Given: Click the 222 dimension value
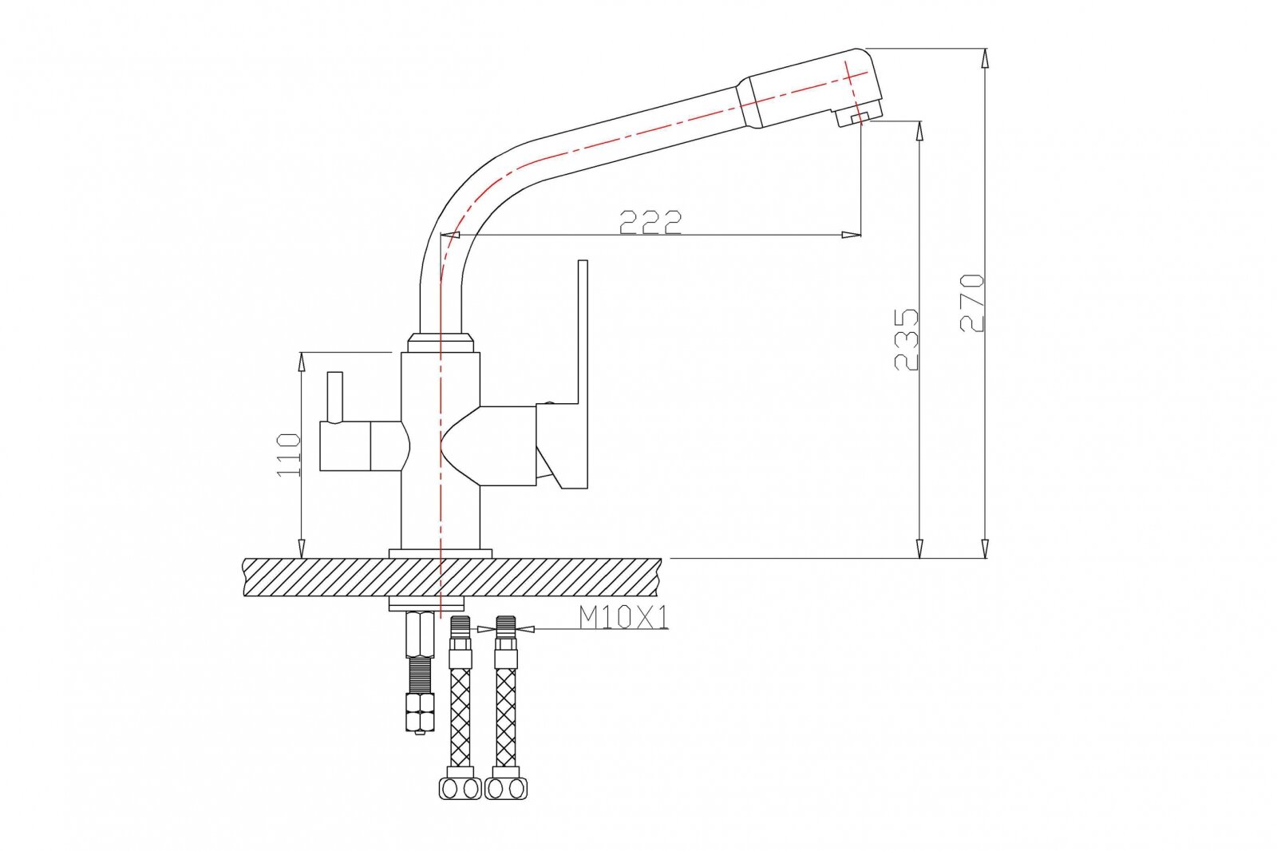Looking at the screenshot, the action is [x=650, y=222].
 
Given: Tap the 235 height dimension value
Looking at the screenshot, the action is [x=907, y=338].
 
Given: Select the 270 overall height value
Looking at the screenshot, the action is [x=972, y=303].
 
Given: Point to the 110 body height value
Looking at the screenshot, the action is [x=289, y=455].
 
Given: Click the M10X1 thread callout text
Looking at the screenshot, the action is [x=623, y=617].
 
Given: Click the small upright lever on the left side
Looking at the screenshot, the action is [x=334, y=396].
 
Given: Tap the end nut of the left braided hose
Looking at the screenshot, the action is [x=461, y=789].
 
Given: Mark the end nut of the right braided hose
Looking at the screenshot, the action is [x=507, y=789].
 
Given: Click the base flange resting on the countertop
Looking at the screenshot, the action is [x=441, y=553].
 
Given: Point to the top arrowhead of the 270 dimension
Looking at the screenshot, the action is [x=986, y=57].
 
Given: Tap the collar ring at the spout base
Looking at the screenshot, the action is [x=441, y=344].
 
